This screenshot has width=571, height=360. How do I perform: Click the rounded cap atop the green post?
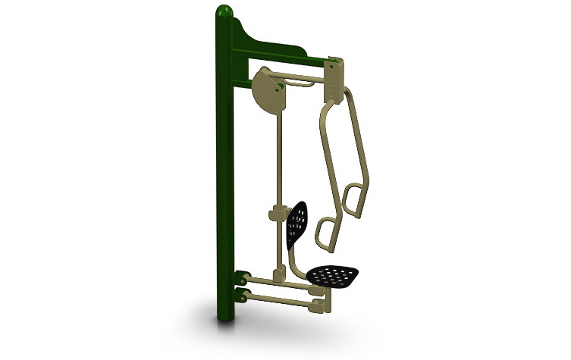point(224,12)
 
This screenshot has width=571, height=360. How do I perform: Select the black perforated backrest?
point(297,223)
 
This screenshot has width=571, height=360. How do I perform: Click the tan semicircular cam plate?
point(266,91)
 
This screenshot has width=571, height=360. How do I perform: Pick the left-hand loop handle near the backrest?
point(327,232)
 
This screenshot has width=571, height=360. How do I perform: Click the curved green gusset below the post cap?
point(250,34)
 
